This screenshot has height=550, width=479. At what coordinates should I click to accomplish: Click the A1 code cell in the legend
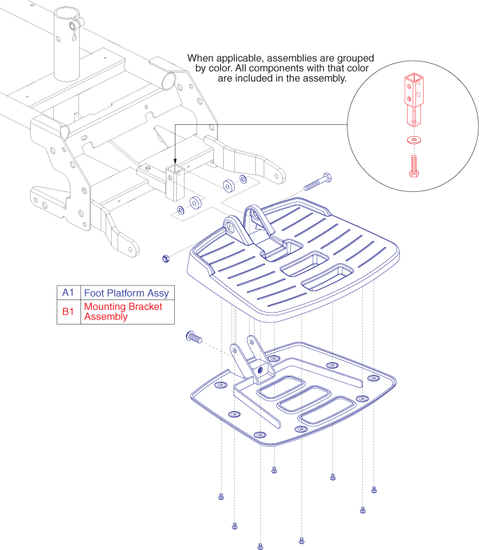click(x=68, y=292)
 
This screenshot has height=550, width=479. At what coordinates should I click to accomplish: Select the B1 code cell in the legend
click(x=68, y=311)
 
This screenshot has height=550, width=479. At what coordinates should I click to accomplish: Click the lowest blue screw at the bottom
click(x=260, y=546)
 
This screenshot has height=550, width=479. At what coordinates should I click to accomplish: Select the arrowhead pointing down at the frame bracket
click(x=173, y=163)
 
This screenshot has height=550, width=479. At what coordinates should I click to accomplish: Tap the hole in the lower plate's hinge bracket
click(x=261, y=369)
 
